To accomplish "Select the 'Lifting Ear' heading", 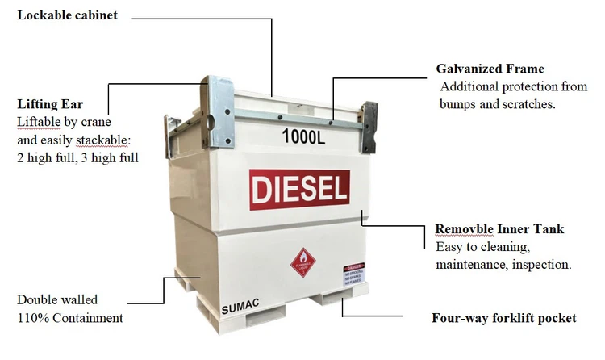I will (50, 104).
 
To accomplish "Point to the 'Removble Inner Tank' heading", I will (499, 229).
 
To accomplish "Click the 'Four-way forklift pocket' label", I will (504, 318).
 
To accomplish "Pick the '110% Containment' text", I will (70, 318).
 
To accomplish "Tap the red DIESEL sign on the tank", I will (299, 190).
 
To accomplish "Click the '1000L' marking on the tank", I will (304, 136).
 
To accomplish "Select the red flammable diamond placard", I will (302, 262).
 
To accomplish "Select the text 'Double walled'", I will (52, 300).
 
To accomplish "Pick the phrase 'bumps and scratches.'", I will (497, 104).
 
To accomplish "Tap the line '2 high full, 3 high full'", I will (77, 157).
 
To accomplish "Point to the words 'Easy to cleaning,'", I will (482, 247).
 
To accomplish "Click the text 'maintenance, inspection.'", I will (503, 265).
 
